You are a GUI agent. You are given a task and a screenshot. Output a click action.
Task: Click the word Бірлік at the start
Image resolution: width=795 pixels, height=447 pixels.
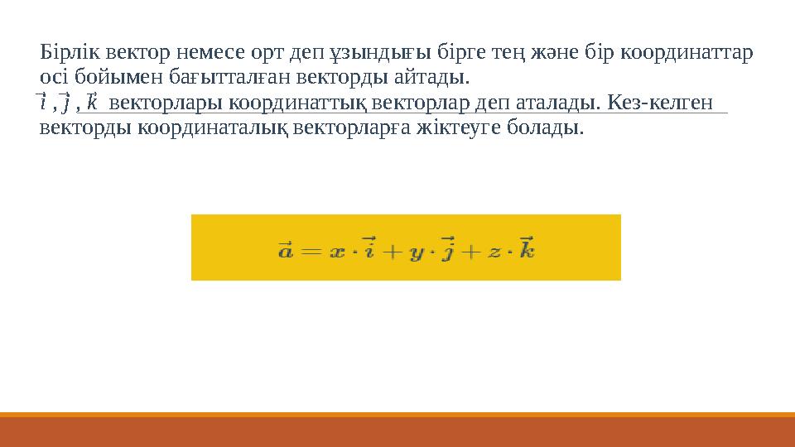(64, 54)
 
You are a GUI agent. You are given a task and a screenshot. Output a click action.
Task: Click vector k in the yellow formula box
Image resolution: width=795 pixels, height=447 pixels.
(527, 248)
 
